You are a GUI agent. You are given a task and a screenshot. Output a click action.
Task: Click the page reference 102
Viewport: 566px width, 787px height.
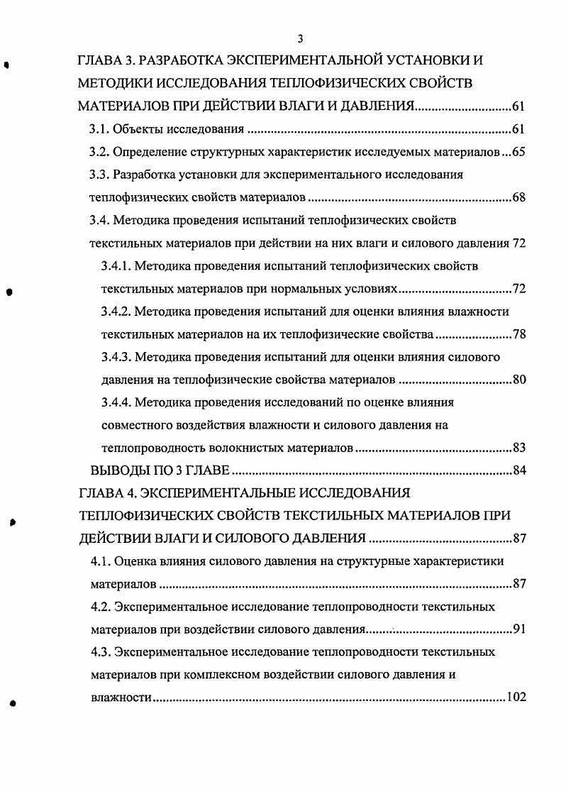point(515,697)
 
